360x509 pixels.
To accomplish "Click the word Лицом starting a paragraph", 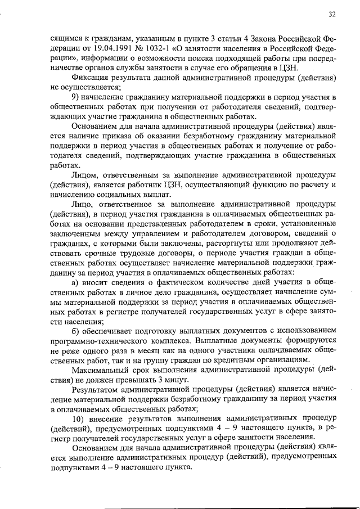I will [85, 175].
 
